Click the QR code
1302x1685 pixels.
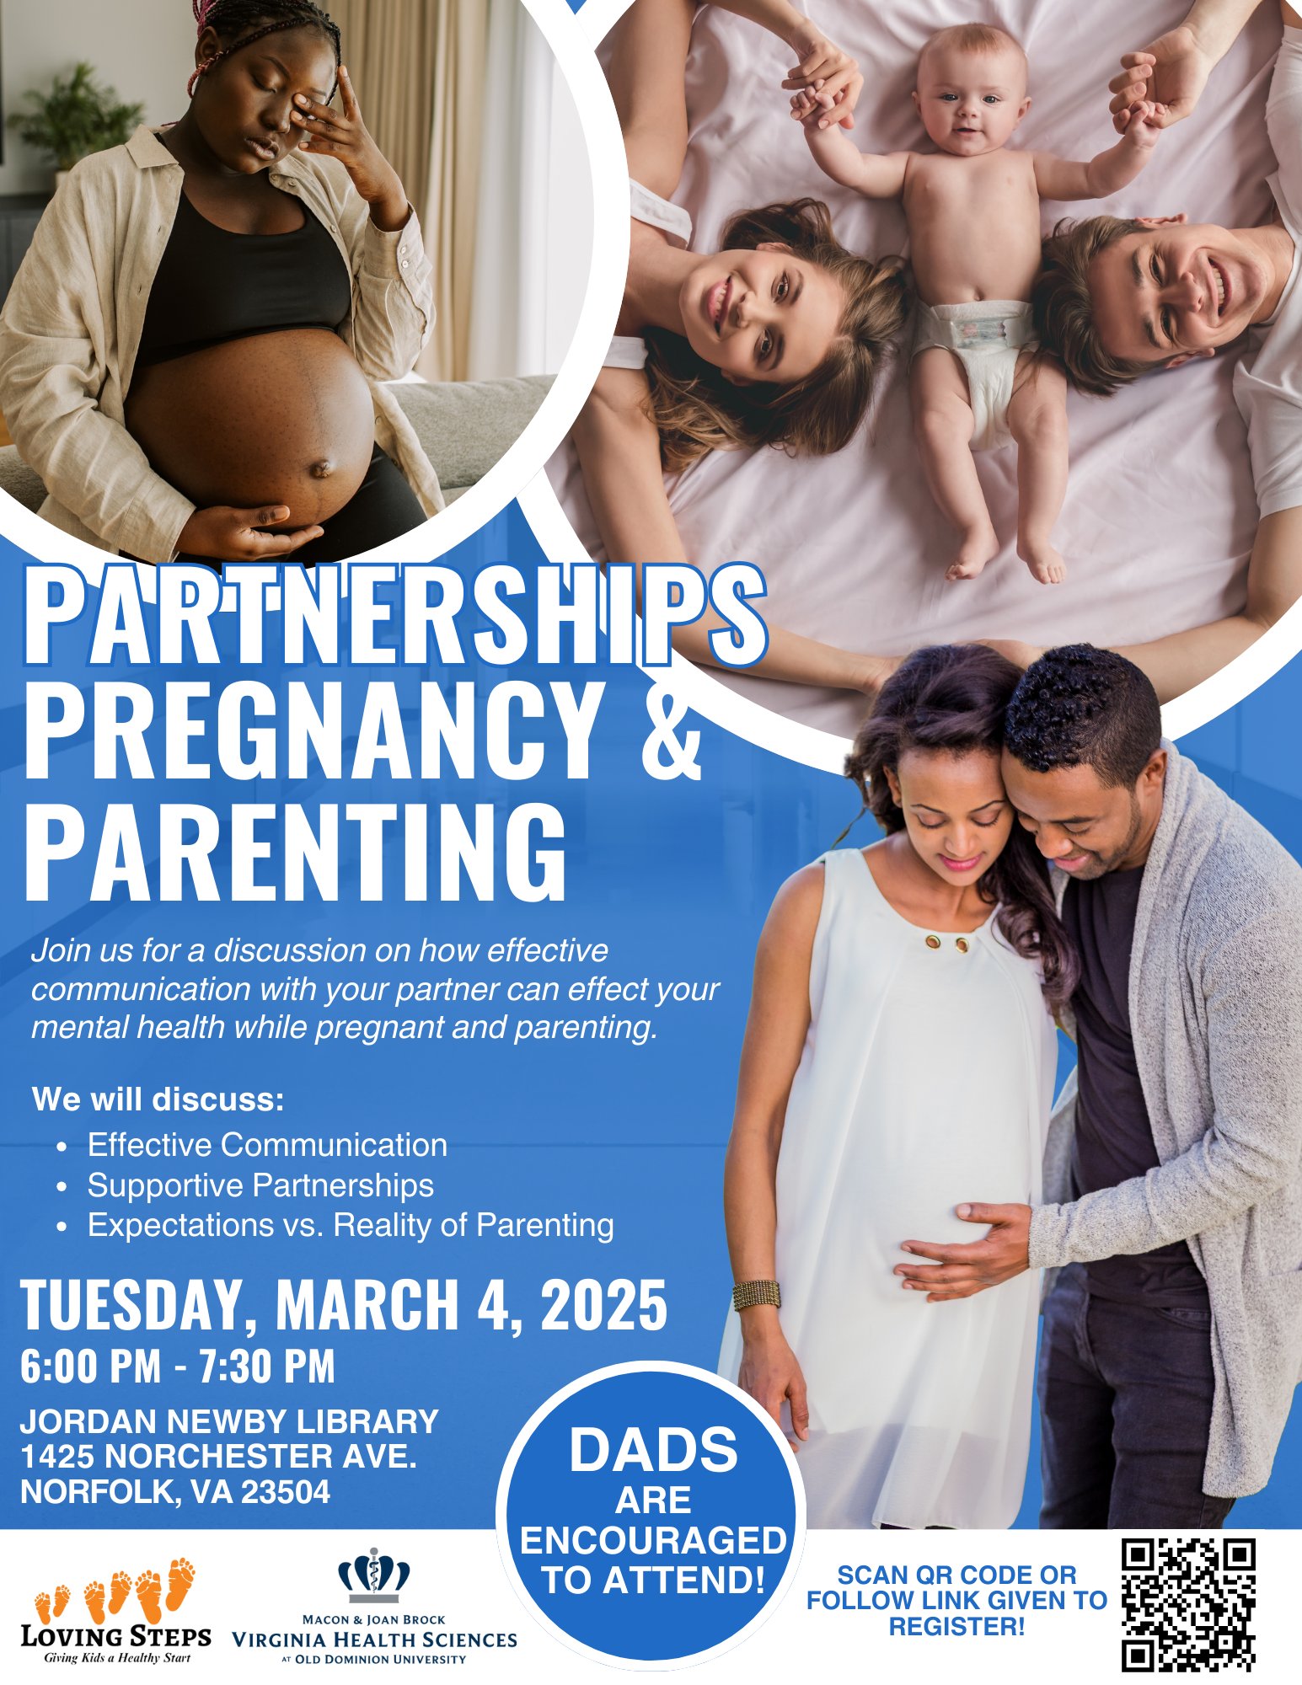click(1188, 1605)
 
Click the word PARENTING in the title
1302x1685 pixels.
click(296, 851)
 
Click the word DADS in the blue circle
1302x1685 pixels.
click(653, 1450)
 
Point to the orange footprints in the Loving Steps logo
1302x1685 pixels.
click(115, 1589)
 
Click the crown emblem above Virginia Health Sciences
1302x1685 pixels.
click(374, 1575)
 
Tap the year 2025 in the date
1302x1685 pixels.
click(603, 1305)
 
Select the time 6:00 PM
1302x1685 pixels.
click(90, 1366)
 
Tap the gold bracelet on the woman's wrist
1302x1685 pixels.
click(756, 1294)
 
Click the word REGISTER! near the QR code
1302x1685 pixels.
click(957, 1626)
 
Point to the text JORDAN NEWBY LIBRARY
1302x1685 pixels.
click(229, 1421)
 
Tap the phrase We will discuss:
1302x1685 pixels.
click(158, 1099)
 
